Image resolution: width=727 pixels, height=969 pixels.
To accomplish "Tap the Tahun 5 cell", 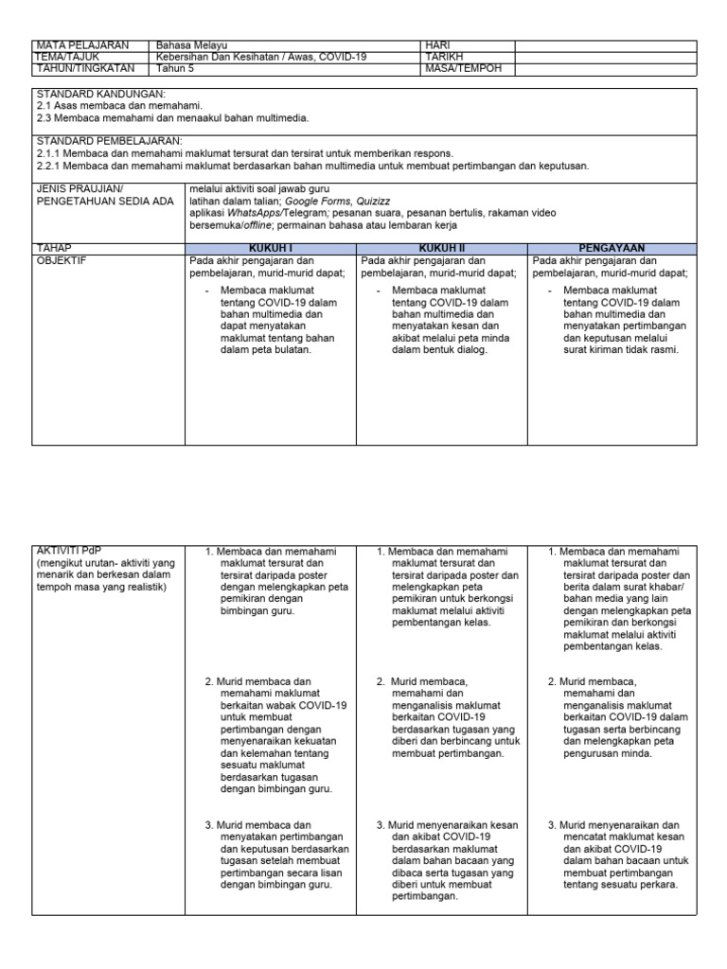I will click(x=175, y=68).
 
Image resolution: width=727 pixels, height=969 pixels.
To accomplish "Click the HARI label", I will click(x=438, y=45).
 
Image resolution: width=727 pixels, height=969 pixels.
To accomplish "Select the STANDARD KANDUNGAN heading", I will click(x=100, y=96).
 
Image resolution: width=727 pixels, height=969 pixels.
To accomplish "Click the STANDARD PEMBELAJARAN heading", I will click(x=109, y=140).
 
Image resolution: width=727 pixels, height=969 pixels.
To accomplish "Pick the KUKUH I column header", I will click(x=270, y=248).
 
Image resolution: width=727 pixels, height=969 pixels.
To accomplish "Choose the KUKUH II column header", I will click(x=442, y=248).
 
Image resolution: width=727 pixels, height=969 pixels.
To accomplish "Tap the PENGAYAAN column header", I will click(x=613, y=248).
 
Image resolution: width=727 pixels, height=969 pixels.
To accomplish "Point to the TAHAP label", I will click(x=54, y=248).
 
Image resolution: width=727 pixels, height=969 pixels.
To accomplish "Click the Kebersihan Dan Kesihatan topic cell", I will click(x=261, y=57).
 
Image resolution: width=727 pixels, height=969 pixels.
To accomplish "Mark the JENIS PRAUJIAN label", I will click(x=80, y=189).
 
